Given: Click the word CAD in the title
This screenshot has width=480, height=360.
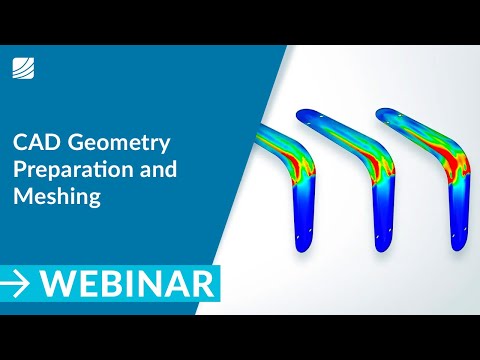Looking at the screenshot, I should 35,142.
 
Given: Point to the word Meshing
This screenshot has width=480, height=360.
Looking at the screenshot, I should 57,196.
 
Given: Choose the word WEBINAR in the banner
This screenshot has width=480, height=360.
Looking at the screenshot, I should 130,283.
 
